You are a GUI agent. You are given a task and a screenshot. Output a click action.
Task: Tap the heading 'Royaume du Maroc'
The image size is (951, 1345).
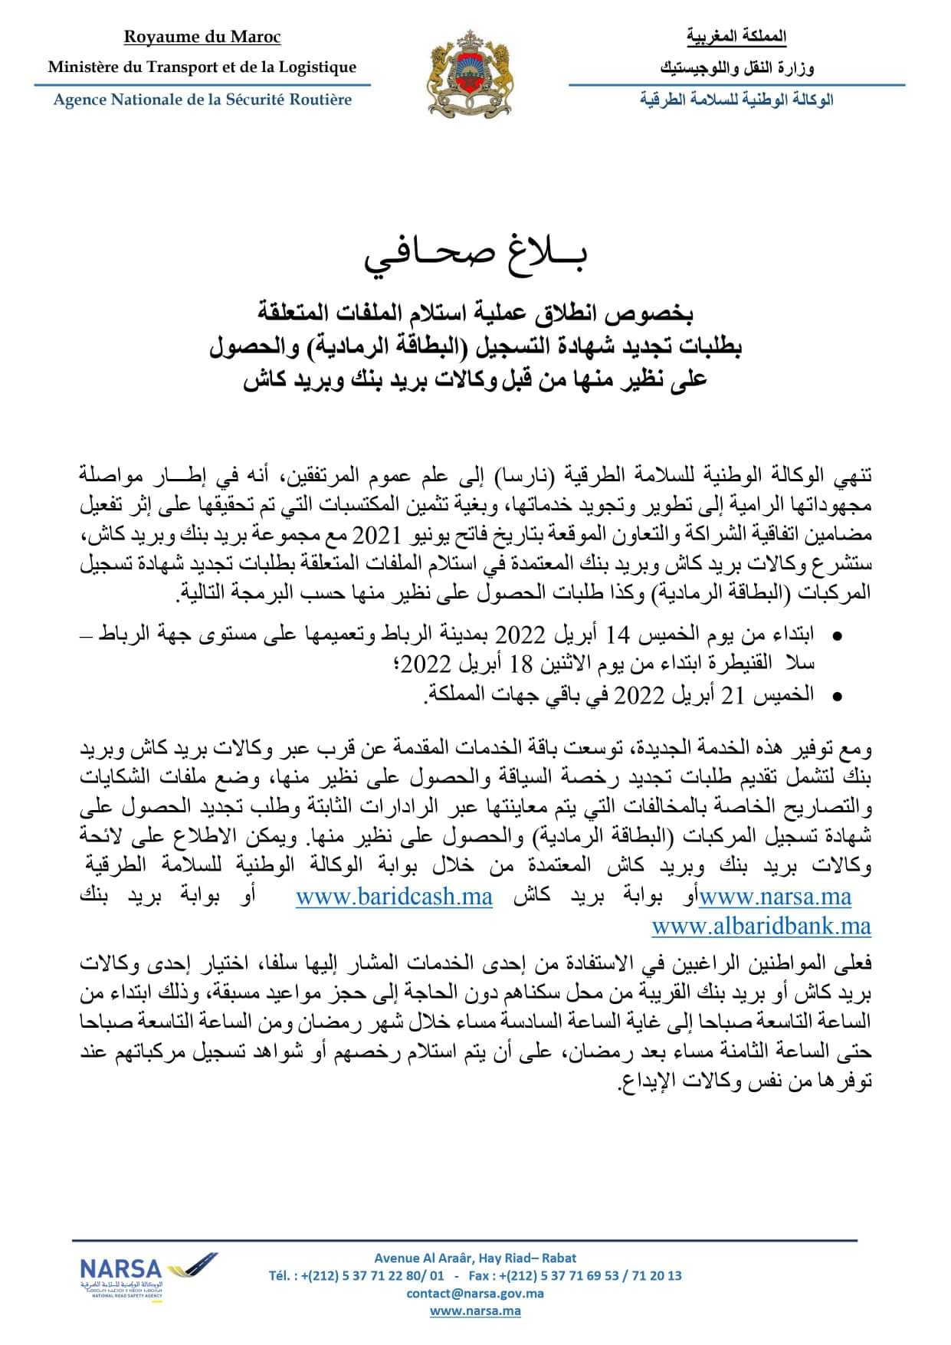pyautogui.click(x=202, y=38)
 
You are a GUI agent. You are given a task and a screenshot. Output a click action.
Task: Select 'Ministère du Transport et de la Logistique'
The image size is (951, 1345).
pyautogui.click(x=202, y=67)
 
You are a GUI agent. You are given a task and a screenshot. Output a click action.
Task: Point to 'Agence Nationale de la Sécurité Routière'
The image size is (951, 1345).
pyautogui.click(x=202, y=100)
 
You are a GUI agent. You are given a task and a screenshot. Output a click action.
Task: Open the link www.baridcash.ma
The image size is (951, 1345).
pyautogui.click(x=394, y=897)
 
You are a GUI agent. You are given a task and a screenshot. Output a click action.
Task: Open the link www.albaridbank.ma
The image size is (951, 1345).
pyautogui.click(x=761, y=927)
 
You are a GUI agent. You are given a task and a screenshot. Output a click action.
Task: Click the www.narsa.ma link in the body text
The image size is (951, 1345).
pyautogui.click(x=775, y=897)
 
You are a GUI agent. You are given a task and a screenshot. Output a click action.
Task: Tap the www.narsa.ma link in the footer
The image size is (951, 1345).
pyautogui.click(x=475, y=1311)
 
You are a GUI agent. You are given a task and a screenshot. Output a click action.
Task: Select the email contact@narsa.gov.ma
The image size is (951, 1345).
pyautogui.click(x=475, y=1293)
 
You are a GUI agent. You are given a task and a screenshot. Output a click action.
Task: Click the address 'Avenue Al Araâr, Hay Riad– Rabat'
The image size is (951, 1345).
pyautogui.click(x=475, y=1258)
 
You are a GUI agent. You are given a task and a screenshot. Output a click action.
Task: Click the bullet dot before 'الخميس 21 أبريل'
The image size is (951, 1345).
pyautogui.click(x=836, y=697)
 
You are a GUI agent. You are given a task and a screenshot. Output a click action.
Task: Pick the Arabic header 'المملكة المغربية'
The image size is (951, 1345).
pyautogui.click(x=736, y=36)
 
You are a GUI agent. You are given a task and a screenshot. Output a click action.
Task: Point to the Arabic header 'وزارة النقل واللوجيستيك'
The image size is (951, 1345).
pyautogui.click(x=736, y=68)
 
